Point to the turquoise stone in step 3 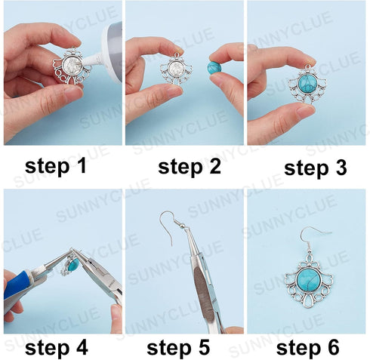307,82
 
